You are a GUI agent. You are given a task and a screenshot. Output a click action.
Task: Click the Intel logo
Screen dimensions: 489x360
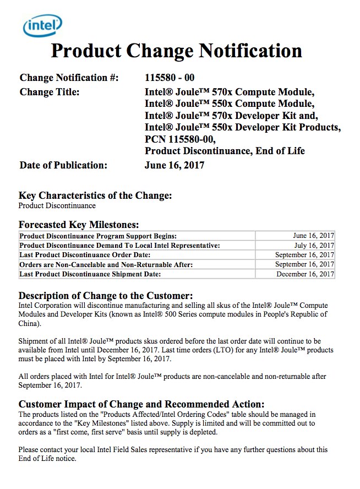click(42, 25)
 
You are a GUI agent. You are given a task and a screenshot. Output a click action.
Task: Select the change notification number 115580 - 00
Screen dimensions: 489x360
click(170, 78)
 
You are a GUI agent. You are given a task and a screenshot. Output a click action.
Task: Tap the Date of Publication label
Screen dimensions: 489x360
click(63, 165)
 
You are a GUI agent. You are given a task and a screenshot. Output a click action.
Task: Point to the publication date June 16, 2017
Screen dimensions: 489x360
click(174, 165)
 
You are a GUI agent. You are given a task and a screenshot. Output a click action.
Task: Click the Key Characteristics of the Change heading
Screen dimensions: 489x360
click(95, 195)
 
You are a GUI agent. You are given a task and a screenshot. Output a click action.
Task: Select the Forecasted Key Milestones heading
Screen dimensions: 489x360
click(79, 225)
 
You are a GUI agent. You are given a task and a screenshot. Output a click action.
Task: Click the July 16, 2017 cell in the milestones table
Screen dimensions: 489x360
click(314, 246)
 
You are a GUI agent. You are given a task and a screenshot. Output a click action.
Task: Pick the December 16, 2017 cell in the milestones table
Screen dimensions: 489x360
click(305, 274)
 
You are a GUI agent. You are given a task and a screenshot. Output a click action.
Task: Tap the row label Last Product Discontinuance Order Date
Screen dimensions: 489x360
click(85, 255)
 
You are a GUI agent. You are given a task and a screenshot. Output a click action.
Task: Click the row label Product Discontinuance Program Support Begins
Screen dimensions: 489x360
click(98, 236)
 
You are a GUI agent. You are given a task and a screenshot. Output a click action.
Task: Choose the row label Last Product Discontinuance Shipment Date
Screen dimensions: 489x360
click(90, 274)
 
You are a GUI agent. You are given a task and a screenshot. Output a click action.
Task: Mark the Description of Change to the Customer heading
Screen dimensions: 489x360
click(106, 296)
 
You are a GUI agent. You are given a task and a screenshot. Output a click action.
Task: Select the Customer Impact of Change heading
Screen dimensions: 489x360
click(141, 404)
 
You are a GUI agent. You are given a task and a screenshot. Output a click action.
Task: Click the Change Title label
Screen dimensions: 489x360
click(50, 92)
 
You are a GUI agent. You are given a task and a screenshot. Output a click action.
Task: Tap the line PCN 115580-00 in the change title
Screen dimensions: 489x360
click(180, 139)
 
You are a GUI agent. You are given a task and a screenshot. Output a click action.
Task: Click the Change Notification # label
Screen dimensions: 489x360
click(69, 78)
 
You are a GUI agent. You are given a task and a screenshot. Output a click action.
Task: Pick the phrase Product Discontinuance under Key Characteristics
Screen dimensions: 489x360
click(57, 206)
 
